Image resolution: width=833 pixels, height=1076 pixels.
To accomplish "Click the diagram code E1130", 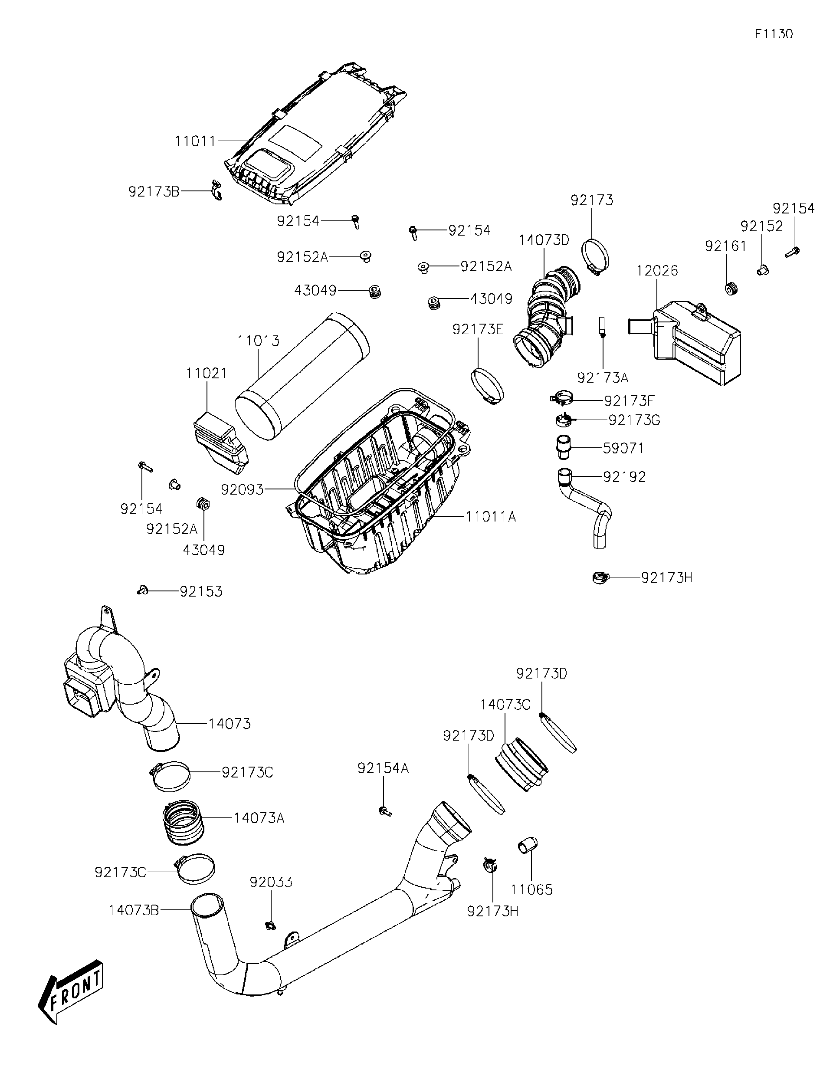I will coord(774,34).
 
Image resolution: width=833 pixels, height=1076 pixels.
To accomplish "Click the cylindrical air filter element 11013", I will coord(302,377).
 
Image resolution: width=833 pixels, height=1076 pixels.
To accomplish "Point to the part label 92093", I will coord(242,490).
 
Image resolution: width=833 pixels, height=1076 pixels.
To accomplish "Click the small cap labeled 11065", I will coord(527,846).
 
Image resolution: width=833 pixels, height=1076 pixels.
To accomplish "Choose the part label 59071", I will coord(623,448).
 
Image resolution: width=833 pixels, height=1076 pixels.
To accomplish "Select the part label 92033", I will coord(270,882).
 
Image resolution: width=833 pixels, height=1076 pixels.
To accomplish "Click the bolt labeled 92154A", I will coord(385,811).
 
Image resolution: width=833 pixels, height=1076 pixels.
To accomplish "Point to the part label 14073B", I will coord(134,910).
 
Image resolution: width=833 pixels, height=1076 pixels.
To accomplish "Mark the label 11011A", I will coord(491,517).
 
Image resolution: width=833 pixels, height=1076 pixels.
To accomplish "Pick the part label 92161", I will coord(725,246).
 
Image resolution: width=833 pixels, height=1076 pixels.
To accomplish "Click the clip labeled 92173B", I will coord(216,190).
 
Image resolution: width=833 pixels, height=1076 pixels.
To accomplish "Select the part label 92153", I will coord(200,591).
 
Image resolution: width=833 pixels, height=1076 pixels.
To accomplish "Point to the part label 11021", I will coord(207,373).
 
